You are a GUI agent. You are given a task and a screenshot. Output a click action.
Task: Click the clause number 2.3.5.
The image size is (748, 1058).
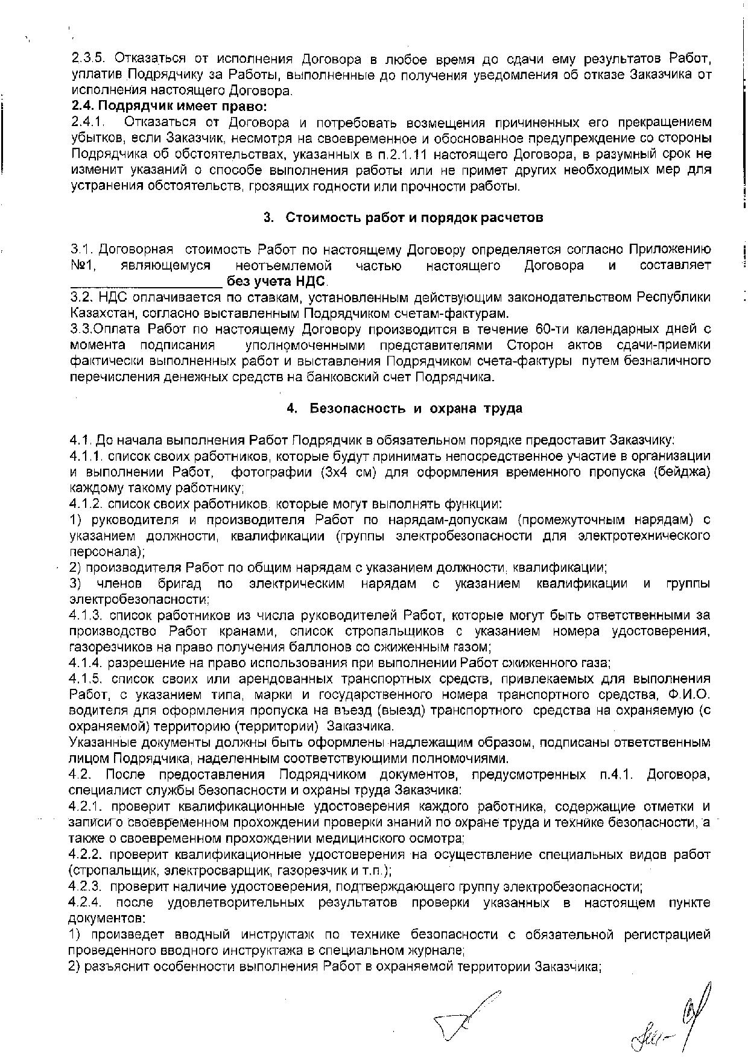pyautogui.click(x=88, y=59)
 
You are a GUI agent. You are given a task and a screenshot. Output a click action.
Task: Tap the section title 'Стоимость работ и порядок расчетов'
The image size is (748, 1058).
pyautogui.click(x=414, y=217)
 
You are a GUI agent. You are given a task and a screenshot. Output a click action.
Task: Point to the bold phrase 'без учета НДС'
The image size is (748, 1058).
pyautogui.click(x=277, y=281)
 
